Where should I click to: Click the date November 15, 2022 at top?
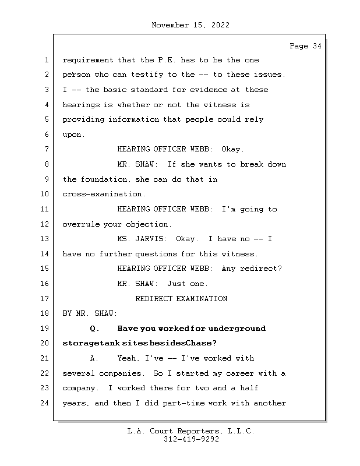[190, 25]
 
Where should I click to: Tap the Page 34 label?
[305, 46]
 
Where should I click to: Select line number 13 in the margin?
[45, 239]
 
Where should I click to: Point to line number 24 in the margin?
[45, 403]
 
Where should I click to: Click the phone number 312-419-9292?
[191, 440]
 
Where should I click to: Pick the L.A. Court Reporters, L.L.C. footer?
[190, 431]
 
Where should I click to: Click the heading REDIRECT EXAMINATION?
[181, 299]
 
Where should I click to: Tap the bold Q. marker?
[95, 329]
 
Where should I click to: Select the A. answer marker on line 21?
[95, 358]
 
